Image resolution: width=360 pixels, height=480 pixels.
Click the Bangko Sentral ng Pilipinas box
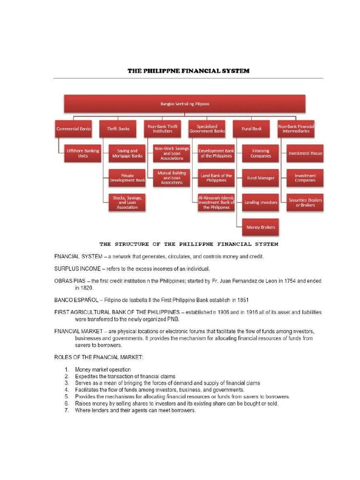[185, 104]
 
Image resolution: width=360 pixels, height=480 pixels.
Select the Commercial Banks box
[74, 128]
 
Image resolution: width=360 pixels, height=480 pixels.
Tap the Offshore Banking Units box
[83, 153]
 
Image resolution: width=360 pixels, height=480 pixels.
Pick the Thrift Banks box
[118, 128]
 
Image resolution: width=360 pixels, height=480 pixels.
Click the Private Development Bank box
[127, 178]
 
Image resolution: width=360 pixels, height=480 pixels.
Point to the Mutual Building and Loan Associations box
[172, 178]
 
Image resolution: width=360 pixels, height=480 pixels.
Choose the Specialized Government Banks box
[207, 128]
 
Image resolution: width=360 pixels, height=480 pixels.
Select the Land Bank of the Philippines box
[216, 178]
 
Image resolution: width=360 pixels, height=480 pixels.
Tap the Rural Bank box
[251, 128]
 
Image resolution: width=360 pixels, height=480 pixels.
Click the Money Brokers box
[261, 227]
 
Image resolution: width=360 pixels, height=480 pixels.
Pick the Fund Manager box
[261, 178]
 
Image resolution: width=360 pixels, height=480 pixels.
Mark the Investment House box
[305, 153]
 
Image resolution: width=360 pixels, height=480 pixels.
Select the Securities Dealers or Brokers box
[305, 202]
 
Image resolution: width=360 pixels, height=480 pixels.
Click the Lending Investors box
[261, 202]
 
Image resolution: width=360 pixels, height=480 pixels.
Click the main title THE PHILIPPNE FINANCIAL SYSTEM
[188, 71]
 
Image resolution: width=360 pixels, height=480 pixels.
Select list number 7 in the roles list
[67, 410]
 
